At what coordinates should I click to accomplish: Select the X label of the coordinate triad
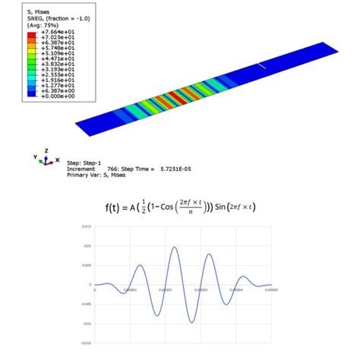[58, 160]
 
